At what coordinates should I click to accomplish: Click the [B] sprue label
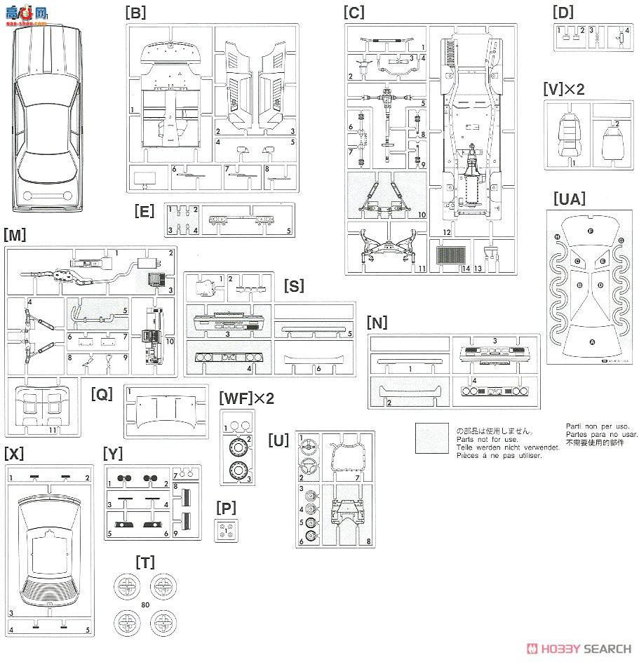point(135,12)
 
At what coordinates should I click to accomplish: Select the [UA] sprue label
point(569,198)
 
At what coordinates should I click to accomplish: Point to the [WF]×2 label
point(246,398)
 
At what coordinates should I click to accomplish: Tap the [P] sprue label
point(226,506)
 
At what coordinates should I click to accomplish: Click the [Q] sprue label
point(102,394)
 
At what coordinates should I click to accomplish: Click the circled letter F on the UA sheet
point(591,231)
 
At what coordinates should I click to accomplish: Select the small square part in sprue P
point(227,530)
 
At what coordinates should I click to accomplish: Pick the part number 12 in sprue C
point(447,232)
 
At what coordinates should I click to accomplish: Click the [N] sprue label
point(377,323)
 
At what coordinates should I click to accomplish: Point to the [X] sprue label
point(14,454)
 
